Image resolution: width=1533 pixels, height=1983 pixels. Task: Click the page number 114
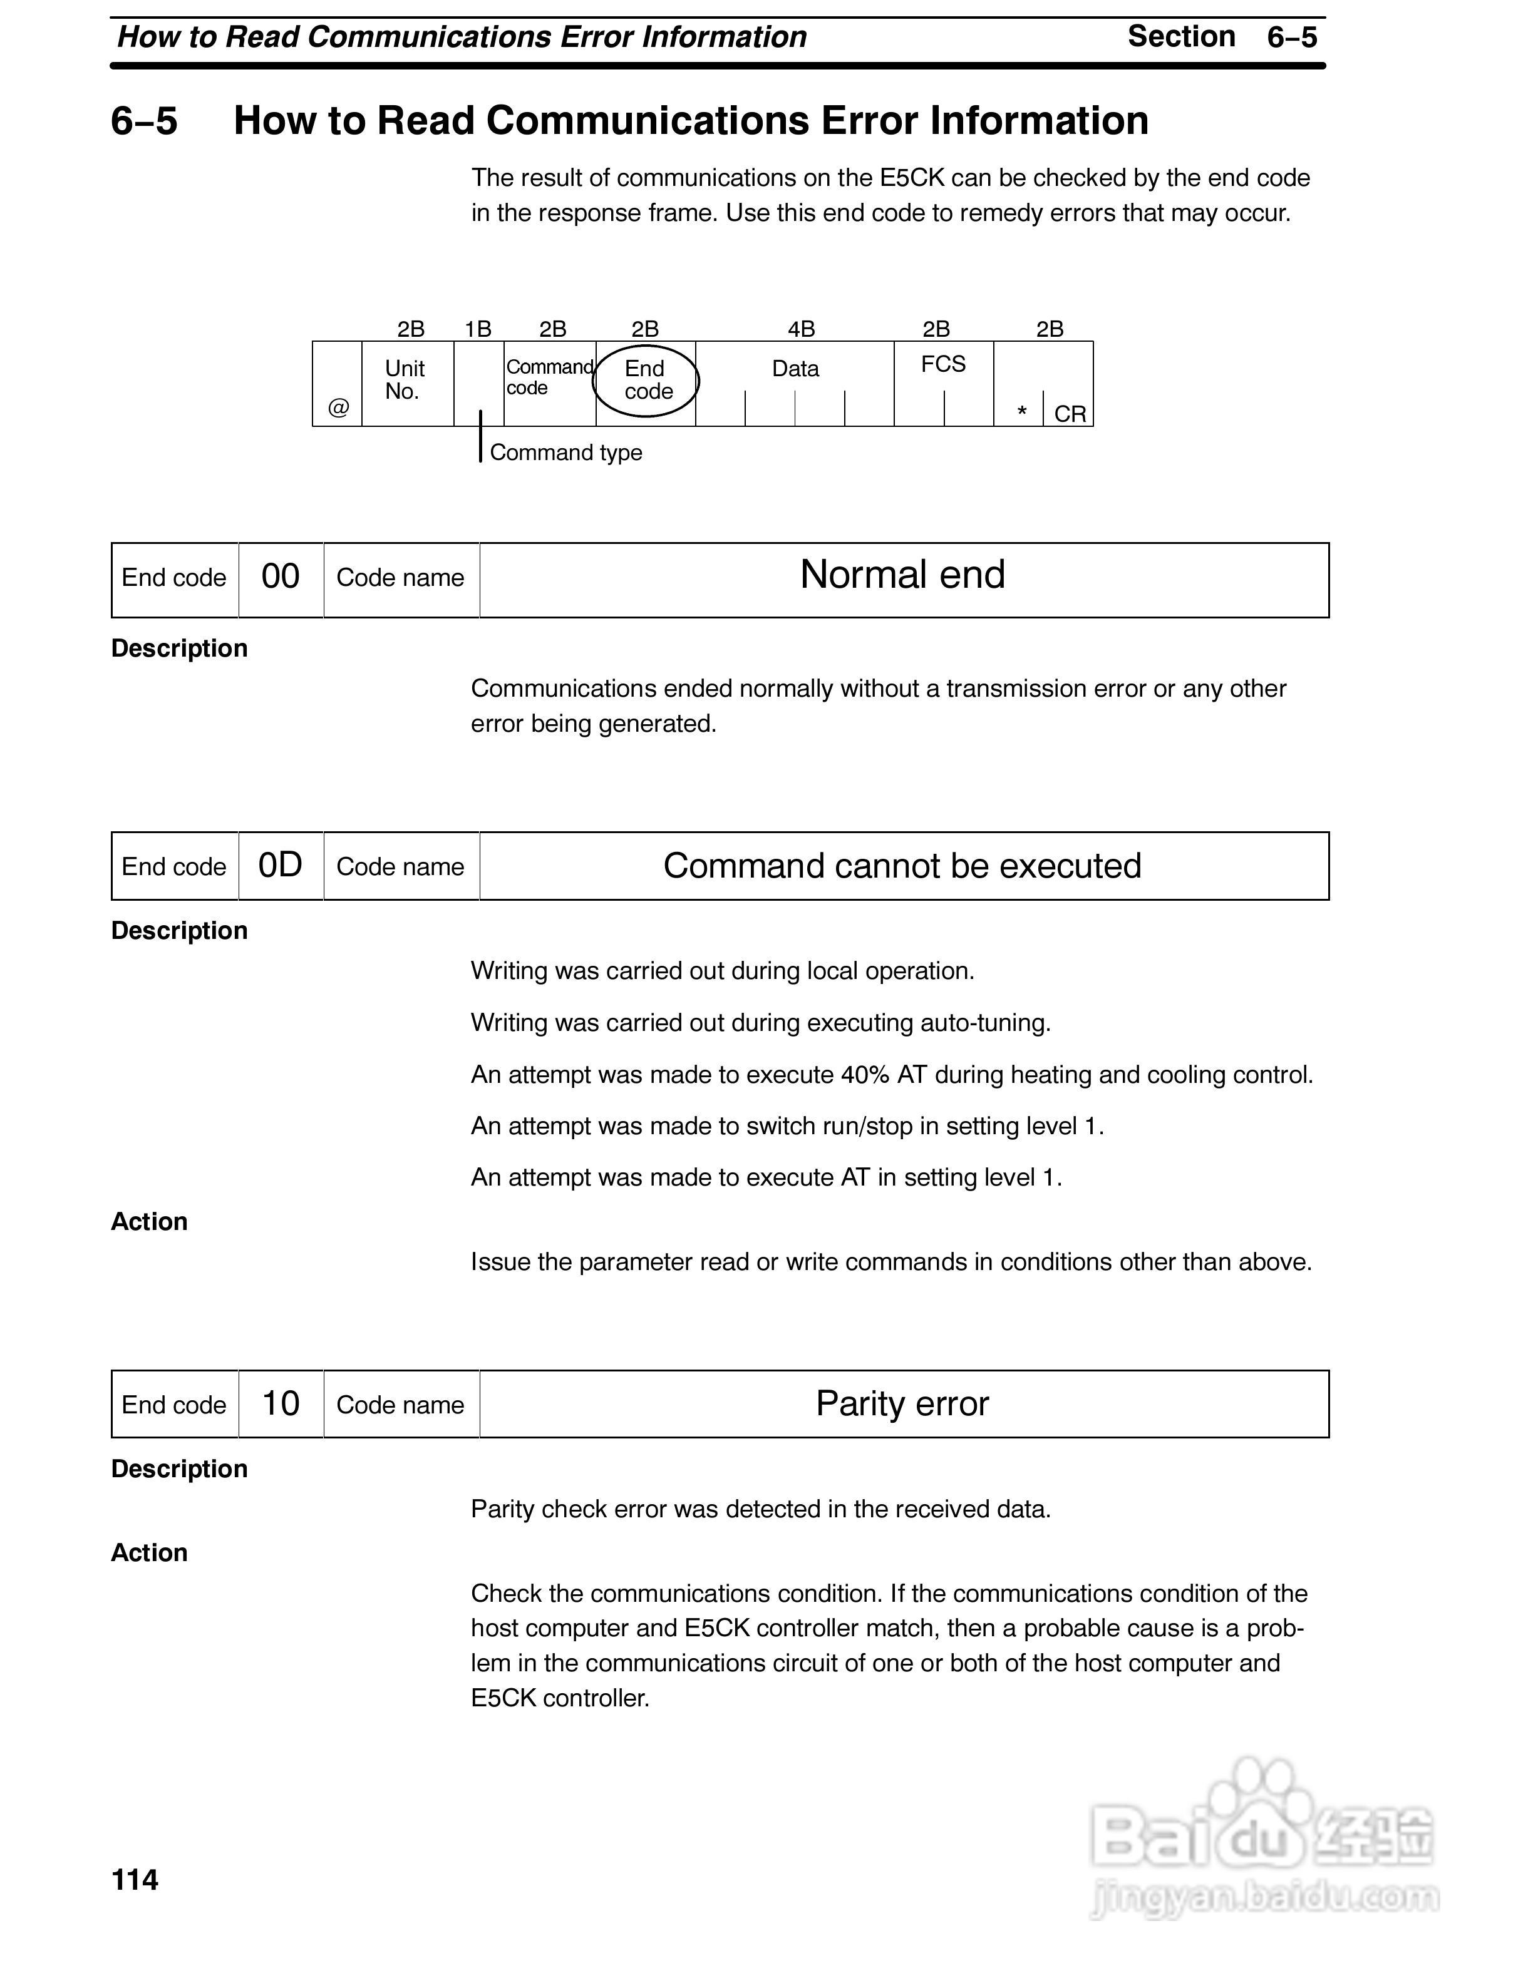[135, 1880]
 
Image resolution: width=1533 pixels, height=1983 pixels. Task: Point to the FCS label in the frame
[942, 364]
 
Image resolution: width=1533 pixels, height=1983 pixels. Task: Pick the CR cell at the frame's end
[1070, 414]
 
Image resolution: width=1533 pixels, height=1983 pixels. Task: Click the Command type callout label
[565, 452]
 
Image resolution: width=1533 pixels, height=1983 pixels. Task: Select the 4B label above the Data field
[801, 329]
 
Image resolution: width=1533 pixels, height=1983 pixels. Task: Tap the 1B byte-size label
[478, 329]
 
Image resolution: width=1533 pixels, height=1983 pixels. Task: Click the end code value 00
[281, 576]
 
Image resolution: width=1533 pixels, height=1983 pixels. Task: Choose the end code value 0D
[280, 865]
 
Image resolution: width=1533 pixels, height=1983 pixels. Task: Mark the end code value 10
[281, 1404]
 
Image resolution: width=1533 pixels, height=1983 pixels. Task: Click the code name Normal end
[903, 575]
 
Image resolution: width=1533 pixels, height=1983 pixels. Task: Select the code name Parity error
[902, 1404]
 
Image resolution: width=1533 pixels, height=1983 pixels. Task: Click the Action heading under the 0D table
[149, 1221]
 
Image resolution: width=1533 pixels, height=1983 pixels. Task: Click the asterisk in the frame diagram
[1022, 413]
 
